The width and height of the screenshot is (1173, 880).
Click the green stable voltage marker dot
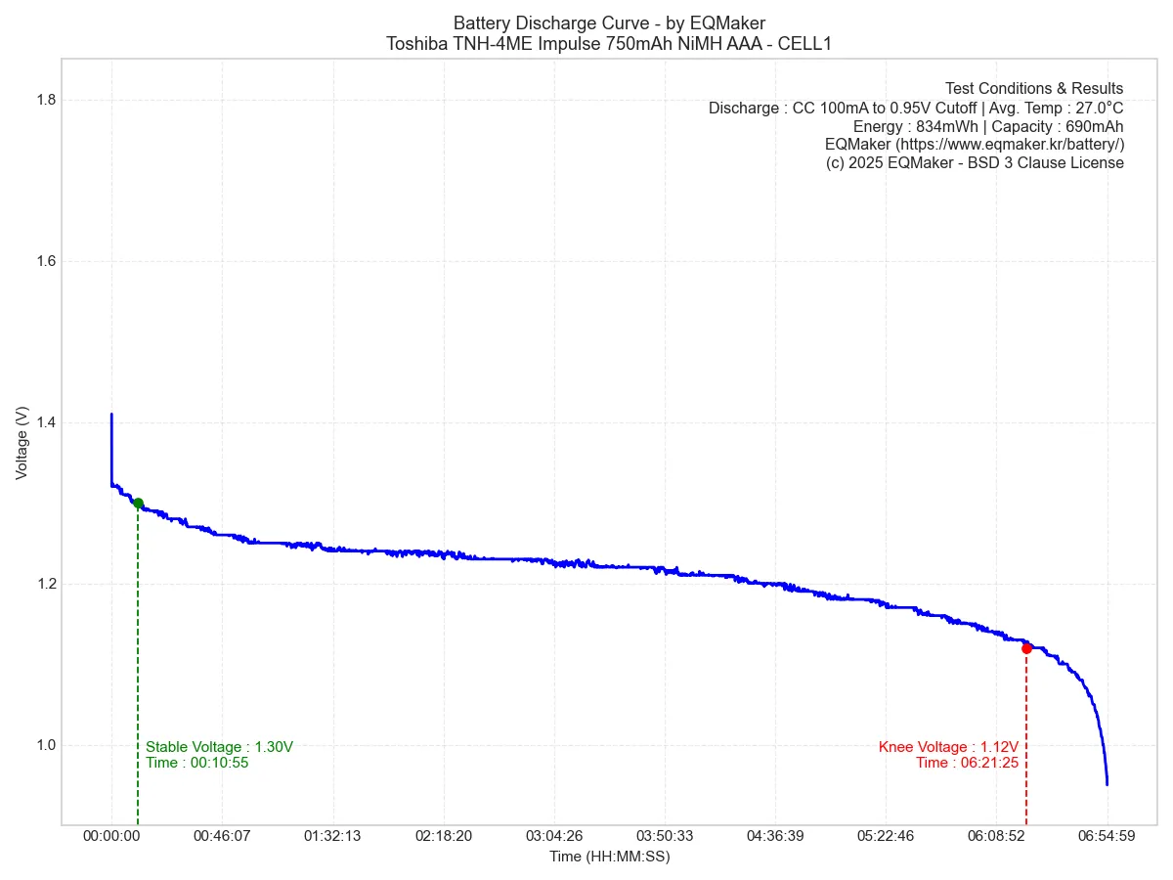[x=138, y=504]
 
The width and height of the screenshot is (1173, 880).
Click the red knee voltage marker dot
[x=1026, y=648]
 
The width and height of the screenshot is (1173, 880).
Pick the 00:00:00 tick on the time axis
[x=111, y=836]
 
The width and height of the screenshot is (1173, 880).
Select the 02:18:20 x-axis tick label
[x=443, y=836]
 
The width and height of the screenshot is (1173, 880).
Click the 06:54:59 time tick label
[x=1107, y=836]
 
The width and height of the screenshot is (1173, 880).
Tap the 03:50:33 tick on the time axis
[x=665, y=836]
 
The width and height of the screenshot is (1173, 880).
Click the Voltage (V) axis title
[x=22, y=443]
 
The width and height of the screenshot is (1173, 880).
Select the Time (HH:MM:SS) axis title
[x=609, y=857]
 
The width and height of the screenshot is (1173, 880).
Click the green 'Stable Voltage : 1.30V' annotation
[x=219, y=747]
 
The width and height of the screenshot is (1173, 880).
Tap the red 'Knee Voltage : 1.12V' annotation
[x=948, y=747]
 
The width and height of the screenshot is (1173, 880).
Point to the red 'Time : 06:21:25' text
[x=967, y=763]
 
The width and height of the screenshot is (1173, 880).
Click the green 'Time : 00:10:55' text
[x=196, y=763]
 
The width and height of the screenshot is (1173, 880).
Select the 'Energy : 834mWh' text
[x=915, y=126]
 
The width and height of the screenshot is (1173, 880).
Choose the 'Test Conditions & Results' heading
[x=1034, y=89]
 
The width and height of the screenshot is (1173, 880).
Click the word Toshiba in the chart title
[x=417, y=43]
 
